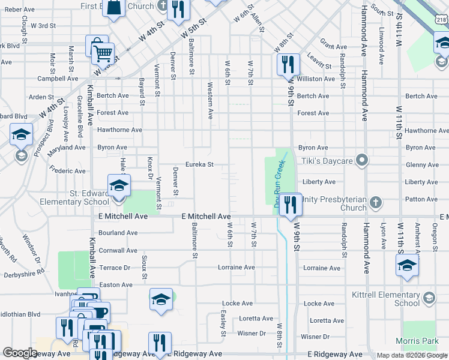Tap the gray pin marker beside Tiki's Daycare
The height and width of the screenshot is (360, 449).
pos(361,160)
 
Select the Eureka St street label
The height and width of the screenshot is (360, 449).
pos(199,164)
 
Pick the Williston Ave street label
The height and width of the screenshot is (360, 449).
pos(315,79)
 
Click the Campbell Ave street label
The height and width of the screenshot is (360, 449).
pos(58,79)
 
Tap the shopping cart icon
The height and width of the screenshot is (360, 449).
pos(103,53)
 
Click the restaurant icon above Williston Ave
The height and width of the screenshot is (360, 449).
pos(288,64)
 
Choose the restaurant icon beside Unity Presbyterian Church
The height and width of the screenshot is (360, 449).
pos(290,204)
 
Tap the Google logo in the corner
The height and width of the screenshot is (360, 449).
pos(20,353)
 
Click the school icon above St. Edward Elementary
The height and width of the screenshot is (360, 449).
pos(119,185)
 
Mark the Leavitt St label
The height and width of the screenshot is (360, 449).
pos(319,61)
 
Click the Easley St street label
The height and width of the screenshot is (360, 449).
pos(223,323)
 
